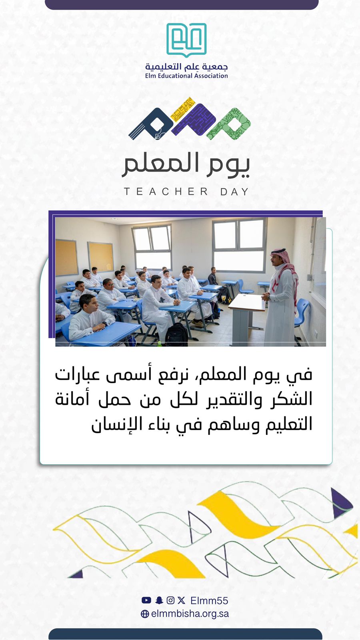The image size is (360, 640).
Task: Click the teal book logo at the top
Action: pyautogui.click(x=186, y=40)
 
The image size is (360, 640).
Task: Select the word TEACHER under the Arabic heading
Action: pyautogui.click(x=166, y=192)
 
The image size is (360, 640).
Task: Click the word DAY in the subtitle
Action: pyautogui.click(x=235, y=192)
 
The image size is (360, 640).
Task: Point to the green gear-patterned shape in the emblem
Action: pyautogui.click(x=229, y=124)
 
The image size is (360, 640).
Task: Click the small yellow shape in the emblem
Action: pyautogui.click(x=183, y=110)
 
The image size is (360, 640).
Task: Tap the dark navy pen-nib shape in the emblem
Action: pyautogui.click(x=150, y=124)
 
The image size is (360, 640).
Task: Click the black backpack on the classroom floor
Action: pyautogui.click(x=176, y=334)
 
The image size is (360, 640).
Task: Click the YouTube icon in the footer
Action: pyautogui.click(x=146, y=600)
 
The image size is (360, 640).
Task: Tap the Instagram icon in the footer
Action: pyautogui.click(x=170, y=600)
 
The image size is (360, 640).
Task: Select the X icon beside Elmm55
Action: pyautogui.click(x=181, y=600)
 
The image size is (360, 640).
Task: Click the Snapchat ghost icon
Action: pyautogui.click(x=159, y=600)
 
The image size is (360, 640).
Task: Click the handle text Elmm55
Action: pyautogui.click(x=210, y=600)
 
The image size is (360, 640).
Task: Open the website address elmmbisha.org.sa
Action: pyautogui.click(x=190, y=614)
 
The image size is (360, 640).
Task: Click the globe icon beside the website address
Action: pyautogui.click(x=145, y=614)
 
